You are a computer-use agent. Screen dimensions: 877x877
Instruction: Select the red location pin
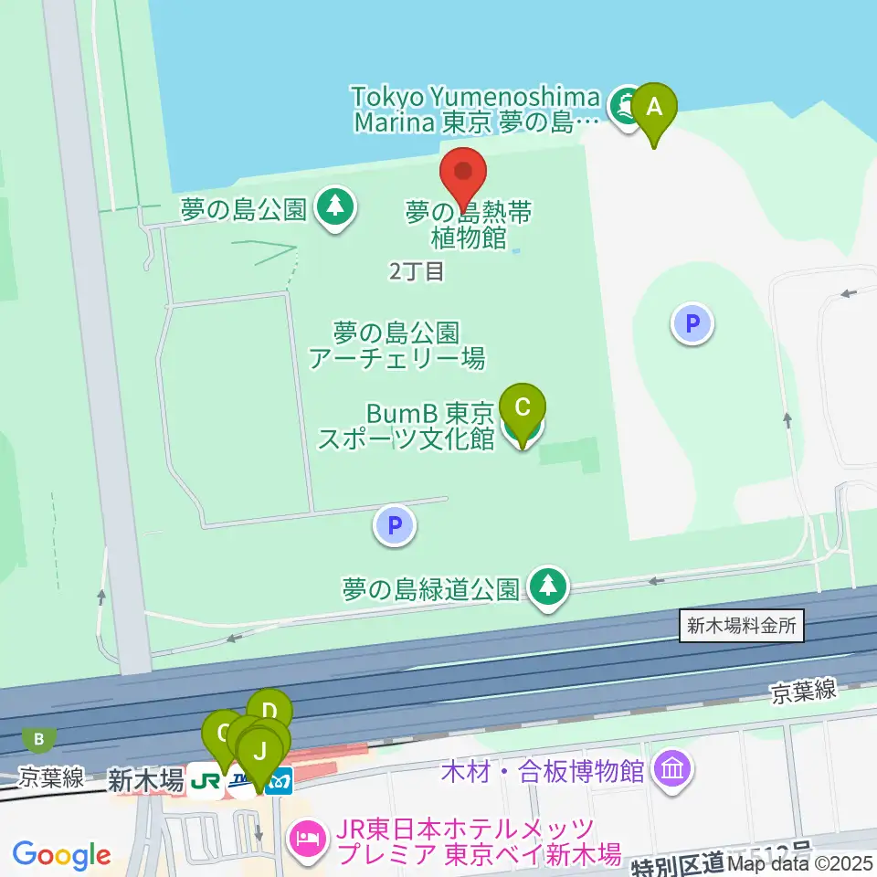tap(463, 174)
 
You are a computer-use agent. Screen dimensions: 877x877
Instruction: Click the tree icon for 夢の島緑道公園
tap(548, 586)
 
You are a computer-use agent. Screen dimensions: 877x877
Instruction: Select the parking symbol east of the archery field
tap(692, 323)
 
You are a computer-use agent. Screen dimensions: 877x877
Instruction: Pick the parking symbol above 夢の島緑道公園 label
tap(395, 526)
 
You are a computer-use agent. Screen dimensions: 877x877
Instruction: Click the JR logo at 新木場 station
tap(206, 782)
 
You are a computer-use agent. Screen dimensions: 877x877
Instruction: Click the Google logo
tap(61, 855)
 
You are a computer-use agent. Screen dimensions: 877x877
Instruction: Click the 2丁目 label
tap(416, 270)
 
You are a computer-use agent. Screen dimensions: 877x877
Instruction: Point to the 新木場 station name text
tap(146, 780)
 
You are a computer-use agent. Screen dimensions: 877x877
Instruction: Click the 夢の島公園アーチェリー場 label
tap(396, 344)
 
